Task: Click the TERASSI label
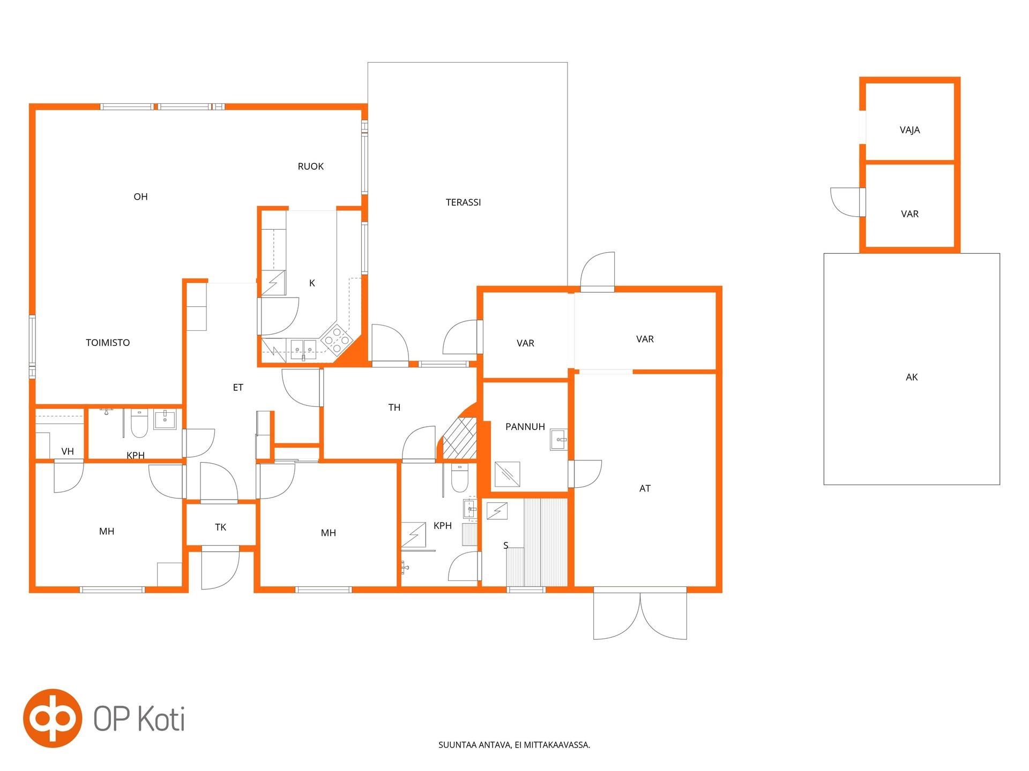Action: coord(463,202)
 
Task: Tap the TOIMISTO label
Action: coord(108,343)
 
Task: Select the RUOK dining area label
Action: coord(310,167)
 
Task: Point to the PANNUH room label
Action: coord(525,427)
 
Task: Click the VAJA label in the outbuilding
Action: coord(909,130)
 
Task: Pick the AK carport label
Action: coord(912,377)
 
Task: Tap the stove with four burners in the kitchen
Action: coord(336,340)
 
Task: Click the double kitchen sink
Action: coord(303,349)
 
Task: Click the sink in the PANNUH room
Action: coord(558,440)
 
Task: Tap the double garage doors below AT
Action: coord(640,613)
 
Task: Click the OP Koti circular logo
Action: coord(53,718)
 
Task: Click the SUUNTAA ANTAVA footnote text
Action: coord(514,745)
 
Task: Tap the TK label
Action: coord(220,527)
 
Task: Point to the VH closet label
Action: coord(68,451)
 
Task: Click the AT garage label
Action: coord(645,488)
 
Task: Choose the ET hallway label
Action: coord(238,388)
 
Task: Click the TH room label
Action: coord(394,407)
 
